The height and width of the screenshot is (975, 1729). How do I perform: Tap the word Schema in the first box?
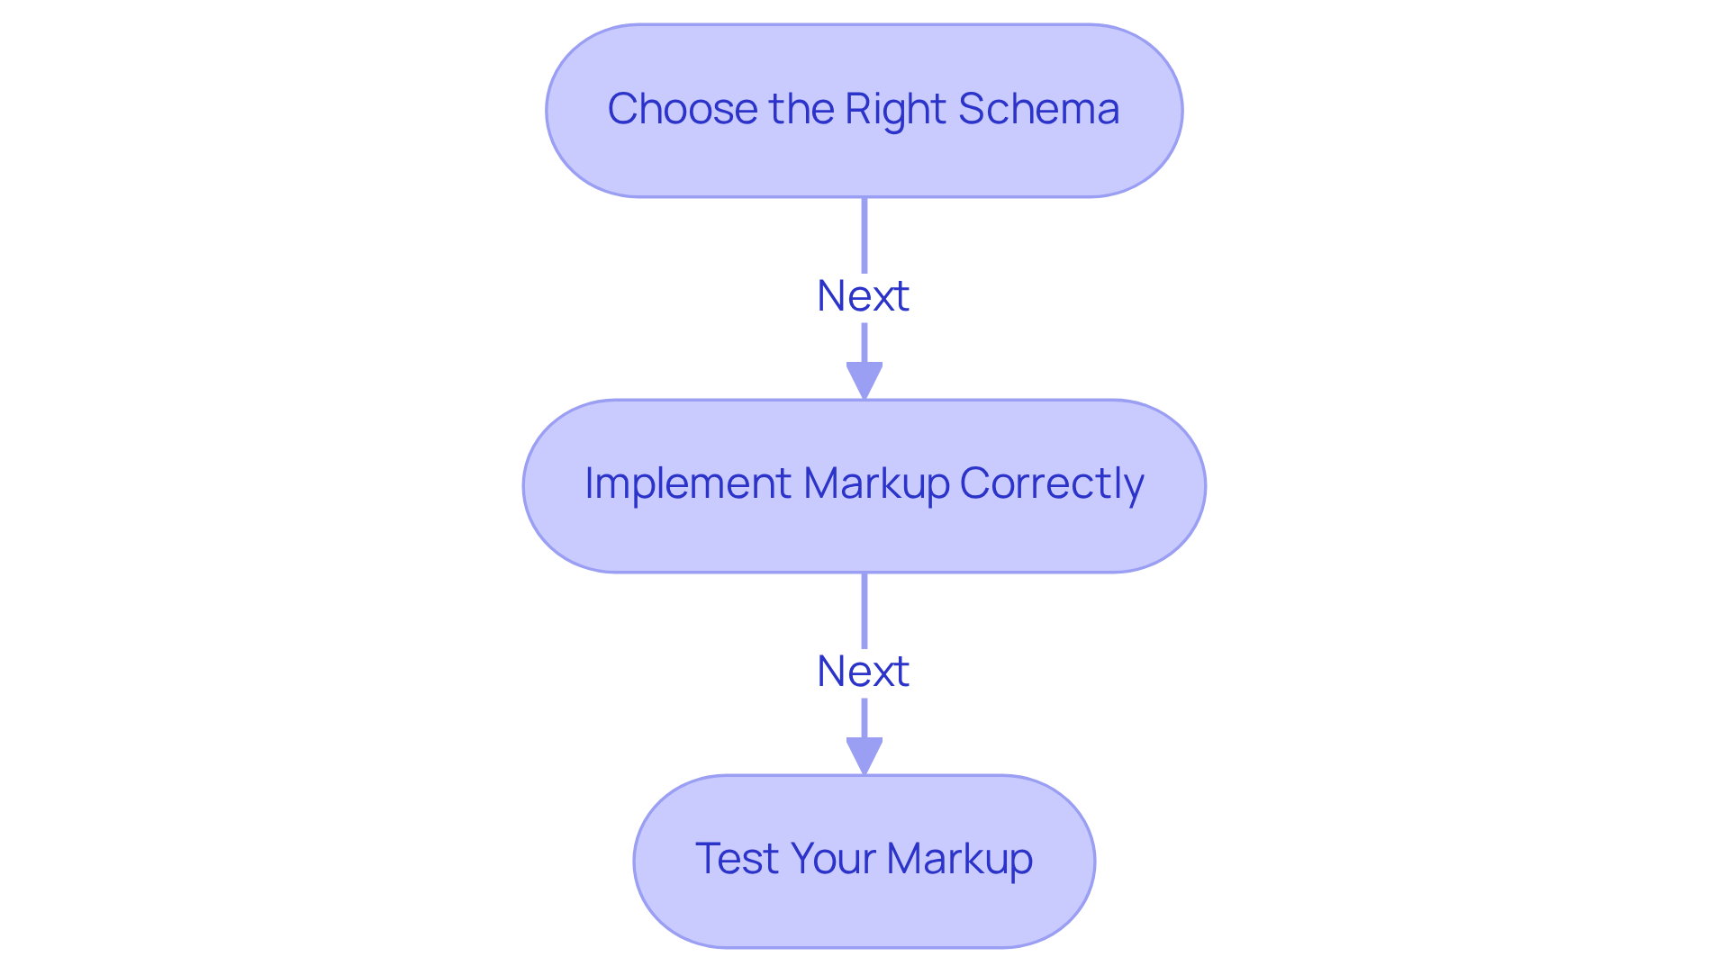coord(1038,110)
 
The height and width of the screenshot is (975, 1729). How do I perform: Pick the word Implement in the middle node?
coord(688,484)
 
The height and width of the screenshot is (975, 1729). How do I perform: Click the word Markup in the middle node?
coord(875,484)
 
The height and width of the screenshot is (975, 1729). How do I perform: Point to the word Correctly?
coord(1051,484)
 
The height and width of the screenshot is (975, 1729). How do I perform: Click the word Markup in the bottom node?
coord(959,859)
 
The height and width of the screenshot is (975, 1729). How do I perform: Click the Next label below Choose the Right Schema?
coord(863,296)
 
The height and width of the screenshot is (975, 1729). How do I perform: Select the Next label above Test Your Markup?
coord(863,672)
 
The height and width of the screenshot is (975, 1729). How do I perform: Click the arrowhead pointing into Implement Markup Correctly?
coord(864,380)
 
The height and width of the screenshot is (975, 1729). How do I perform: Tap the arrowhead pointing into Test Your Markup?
coord(864,755)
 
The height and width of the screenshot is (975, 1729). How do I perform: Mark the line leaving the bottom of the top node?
coord(864,234)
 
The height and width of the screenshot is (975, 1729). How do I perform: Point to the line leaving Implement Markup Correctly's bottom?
coord(864,609)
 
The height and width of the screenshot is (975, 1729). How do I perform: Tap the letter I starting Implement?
coord(590,483)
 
